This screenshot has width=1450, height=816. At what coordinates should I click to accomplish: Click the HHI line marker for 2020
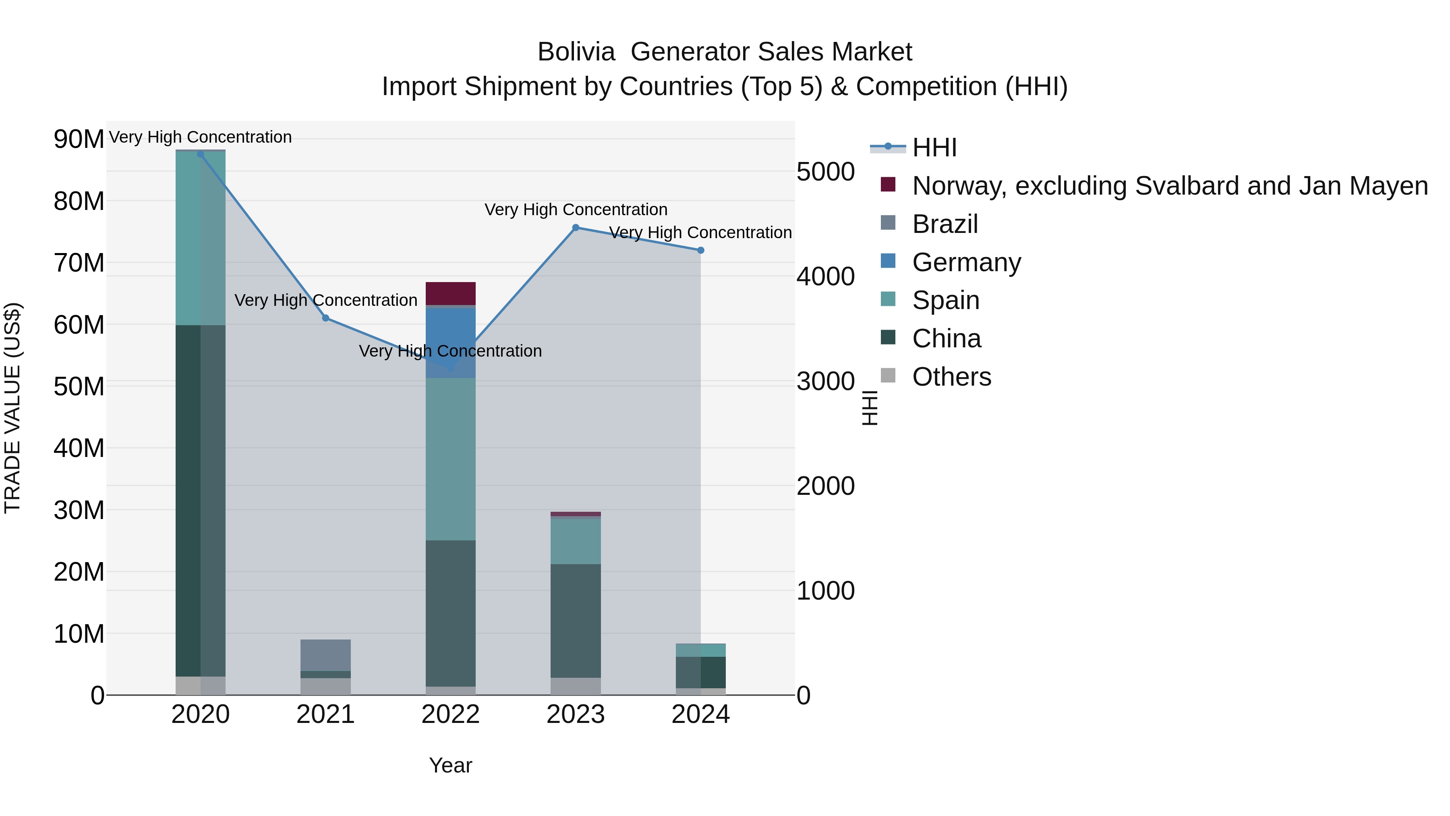pos(201,154)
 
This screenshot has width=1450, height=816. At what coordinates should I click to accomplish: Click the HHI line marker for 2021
pos(325,318)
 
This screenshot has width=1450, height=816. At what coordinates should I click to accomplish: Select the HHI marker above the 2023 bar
pos(575,228)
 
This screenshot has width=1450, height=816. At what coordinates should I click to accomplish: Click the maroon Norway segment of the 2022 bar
pos(450,293)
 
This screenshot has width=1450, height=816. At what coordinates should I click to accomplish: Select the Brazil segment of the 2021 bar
pos(325,655)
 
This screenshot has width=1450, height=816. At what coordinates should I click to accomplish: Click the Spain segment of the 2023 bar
pos(575,541)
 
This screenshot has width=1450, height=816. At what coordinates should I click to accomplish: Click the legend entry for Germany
pos(966,262)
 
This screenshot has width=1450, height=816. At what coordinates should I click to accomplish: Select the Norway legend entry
pos(1170,186)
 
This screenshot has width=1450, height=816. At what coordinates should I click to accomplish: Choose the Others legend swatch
pos(888,376)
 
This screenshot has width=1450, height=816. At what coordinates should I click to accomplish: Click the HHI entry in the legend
pos(934,147)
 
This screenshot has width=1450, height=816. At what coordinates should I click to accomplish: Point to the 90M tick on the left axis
pos(79,139)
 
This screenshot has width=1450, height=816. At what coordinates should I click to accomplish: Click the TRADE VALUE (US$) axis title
pos(12,408)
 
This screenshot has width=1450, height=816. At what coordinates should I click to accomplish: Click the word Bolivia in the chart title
pos(576,52)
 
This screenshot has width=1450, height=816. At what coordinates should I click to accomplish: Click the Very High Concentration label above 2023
pos(575,210)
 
